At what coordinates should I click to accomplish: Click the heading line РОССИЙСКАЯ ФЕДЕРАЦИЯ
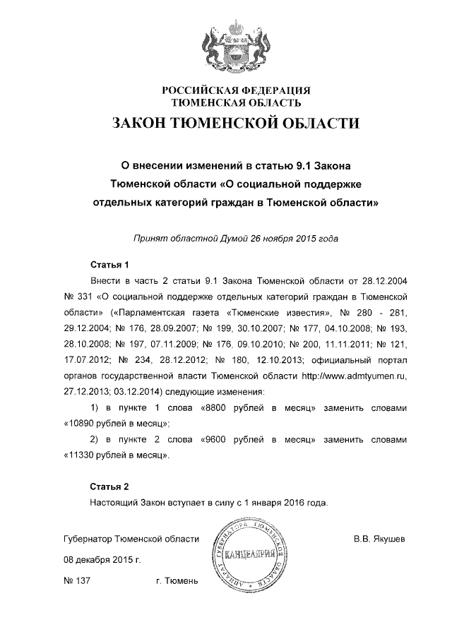coord(236,90)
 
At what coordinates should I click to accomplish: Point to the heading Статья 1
coord(109,265)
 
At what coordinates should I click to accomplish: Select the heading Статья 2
coord(109,487)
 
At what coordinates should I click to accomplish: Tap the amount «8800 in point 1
coord(216,409)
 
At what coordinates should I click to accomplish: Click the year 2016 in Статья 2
coord(295,503)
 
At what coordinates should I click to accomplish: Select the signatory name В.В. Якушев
coord(379,539)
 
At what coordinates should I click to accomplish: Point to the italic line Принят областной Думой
coord(236,238)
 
